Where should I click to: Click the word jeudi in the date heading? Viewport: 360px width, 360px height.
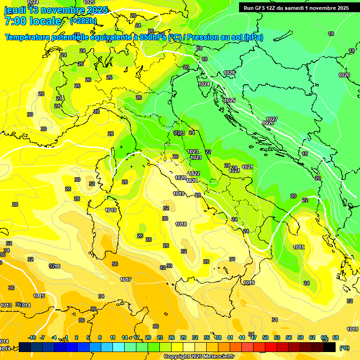click(x=15, y=10)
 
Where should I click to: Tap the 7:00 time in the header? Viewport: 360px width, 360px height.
click(x=16, y=21)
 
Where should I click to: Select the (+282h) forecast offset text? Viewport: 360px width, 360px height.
click(x=83, y=21)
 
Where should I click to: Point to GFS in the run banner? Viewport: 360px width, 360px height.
click(x=261, y=8)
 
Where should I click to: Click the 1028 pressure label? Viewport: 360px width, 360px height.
click(x=229, y=73)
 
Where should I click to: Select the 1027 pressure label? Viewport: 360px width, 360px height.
click(x=272, y=119)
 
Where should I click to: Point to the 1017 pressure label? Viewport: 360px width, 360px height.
click(x=125, y=279)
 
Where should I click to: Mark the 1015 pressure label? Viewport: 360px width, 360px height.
click(x=39, y=296)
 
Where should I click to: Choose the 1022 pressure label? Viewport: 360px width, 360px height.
click(x=195, y=173)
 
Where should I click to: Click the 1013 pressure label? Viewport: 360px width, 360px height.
click(x=6, y=305)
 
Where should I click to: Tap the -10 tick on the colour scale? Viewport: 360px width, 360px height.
click(x=32, y=337)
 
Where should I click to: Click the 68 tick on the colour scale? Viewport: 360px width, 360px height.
click(x=336, y=337)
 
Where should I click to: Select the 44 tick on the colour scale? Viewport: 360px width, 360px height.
click(x=242, y=337)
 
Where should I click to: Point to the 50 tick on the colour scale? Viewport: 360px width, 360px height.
click(x=265, y=337)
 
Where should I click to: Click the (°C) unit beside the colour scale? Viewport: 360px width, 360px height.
click(x=344, y=348)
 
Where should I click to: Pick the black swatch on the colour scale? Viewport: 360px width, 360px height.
click(x=330, y=347)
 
